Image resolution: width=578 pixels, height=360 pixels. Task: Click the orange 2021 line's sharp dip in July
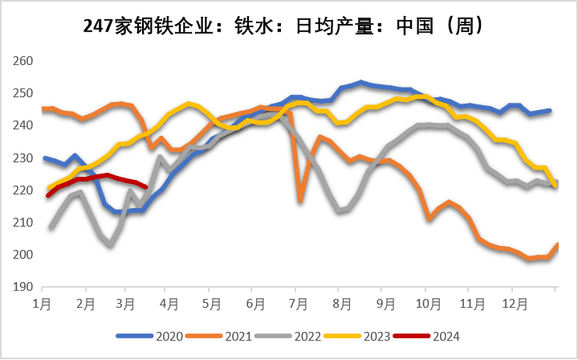pyautogui.click(x=300, y=200)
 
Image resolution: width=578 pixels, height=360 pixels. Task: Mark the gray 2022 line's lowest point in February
pyautogui.click(x=110, y=244)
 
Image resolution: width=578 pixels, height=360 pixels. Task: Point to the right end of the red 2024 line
pyautogui.click(x=145, y=186)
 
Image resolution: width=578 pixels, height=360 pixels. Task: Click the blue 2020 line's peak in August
pyautogui.click(x=362, y=82)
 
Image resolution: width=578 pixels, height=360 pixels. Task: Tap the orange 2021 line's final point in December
pyautogui.click(x=558, y=243)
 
